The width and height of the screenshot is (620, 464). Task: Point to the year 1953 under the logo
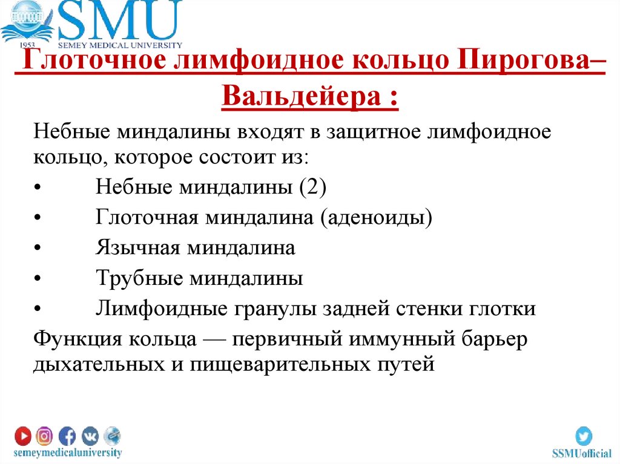(x=28, y=45)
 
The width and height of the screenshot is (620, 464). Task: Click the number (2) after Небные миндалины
(x=311, y=187)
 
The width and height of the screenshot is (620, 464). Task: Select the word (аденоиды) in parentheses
(x=377, y=217)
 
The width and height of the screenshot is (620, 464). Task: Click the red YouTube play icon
(x=24, y=436)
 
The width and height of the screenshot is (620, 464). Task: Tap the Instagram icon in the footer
(x=44, y=436)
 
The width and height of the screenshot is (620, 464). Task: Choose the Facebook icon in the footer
(x=67, y=436)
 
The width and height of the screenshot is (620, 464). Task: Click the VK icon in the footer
(x=90, y=436)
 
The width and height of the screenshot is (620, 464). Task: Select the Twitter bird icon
(x=584, y=436)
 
